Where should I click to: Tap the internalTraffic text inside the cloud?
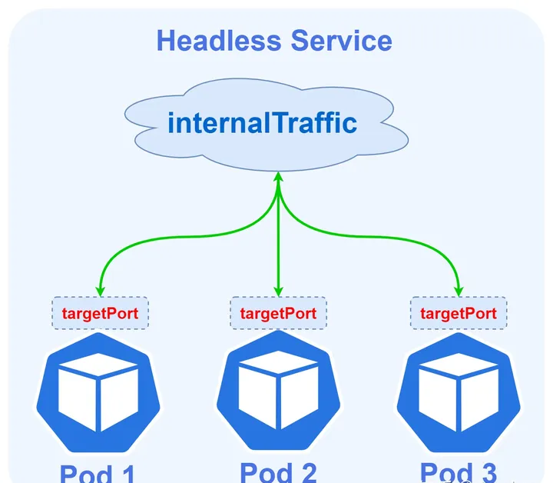pyautogui.click(x=262, y=122)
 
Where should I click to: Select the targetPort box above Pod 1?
pyautogui.click(x=100, y=314)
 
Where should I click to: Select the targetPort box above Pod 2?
pyautogui.click(x=278, y=314)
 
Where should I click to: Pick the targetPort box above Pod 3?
pyautogui.click(x=459, y=314)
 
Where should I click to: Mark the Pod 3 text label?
pyautogui.click(x=459, y=471)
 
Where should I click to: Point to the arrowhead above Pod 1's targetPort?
pyautogui.click(x=100, y=290)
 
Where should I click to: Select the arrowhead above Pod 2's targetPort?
pyautogui.click(x=278, y=290)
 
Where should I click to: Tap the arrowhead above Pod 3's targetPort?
pyautogui.click(x=459, y=290)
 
